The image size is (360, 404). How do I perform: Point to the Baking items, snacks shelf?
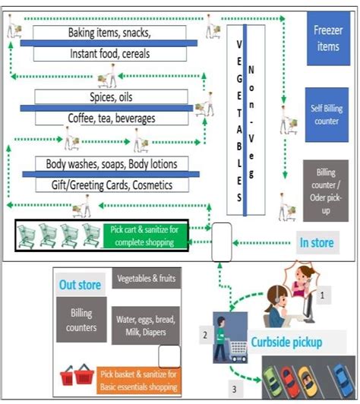(110, 33)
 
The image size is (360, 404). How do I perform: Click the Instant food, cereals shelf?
(110, 54)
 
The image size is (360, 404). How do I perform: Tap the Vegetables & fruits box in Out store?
(146, 279)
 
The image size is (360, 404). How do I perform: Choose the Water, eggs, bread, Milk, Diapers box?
(146, 325)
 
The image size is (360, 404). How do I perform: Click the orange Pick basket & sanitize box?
(138, 379)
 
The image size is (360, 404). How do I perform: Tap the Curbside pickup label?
(287, 342)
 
